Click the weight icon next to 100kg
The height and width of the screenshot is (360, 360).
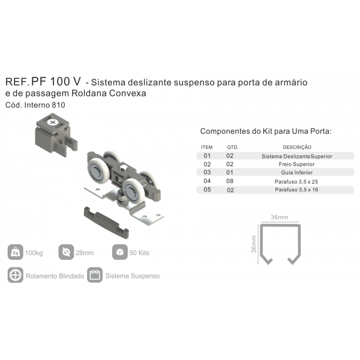(x=16, y=252)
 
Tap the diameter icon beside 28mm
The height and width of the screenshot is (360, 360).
(x=66, y=252)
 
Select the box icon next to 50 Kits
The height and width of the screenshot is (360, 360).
(x=120, y=252)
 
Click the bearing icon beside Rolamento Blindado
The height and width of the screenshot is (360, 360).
(x=16, y=275)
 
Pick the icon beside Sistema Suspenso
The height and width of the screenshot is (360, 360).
(x=95, y=275)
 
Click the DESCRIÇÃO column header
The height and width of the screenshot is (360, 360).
(x=297, y=147)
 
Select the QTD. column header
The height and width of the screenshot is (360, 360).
(x=233, y=147)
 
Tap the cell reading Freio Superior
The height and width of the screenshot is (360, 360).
(x=296, y=164)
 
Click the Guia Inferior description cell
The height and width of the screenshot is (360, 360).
(x=297, y=172)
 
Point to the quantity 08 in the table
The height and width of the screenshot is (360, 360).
(x=230, y=181)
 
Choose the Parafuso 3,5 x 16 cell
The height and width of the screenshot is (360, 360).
(x=296, y=190)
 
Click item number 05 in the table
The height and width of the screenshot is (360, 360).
(x=207, y=190)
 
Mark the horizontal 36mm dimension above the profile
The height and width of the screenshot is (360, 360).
(x=280, y=217)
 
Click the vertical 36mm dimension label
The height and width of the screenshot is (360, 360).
(x=254, y=244)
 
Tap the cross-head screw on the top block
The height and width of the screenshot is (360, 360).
(x=53, y=122)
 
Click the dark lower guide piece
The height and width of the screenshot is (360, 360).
(x=106, y=223)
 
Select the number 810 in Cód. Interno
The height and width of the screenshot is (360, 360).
(x=58, y=105)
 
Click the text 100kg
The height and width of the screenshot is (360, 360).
(x=34, y=253)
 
